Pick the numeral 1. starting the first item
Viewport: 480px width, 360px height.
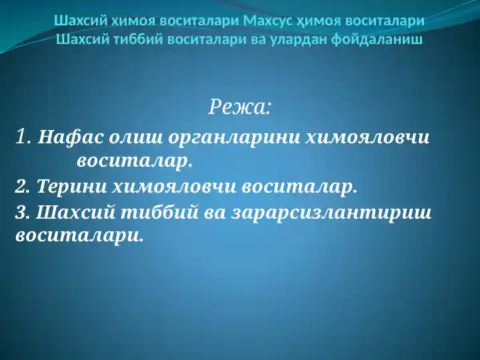[x=23, y=137]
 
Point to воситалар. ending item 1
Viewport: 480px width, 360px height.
[x=134, y=161]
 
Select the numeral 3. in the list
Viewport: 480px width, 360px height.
[x=22, y=213]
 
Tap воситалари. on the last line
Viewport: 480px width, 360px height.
[x=79, y=235]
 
